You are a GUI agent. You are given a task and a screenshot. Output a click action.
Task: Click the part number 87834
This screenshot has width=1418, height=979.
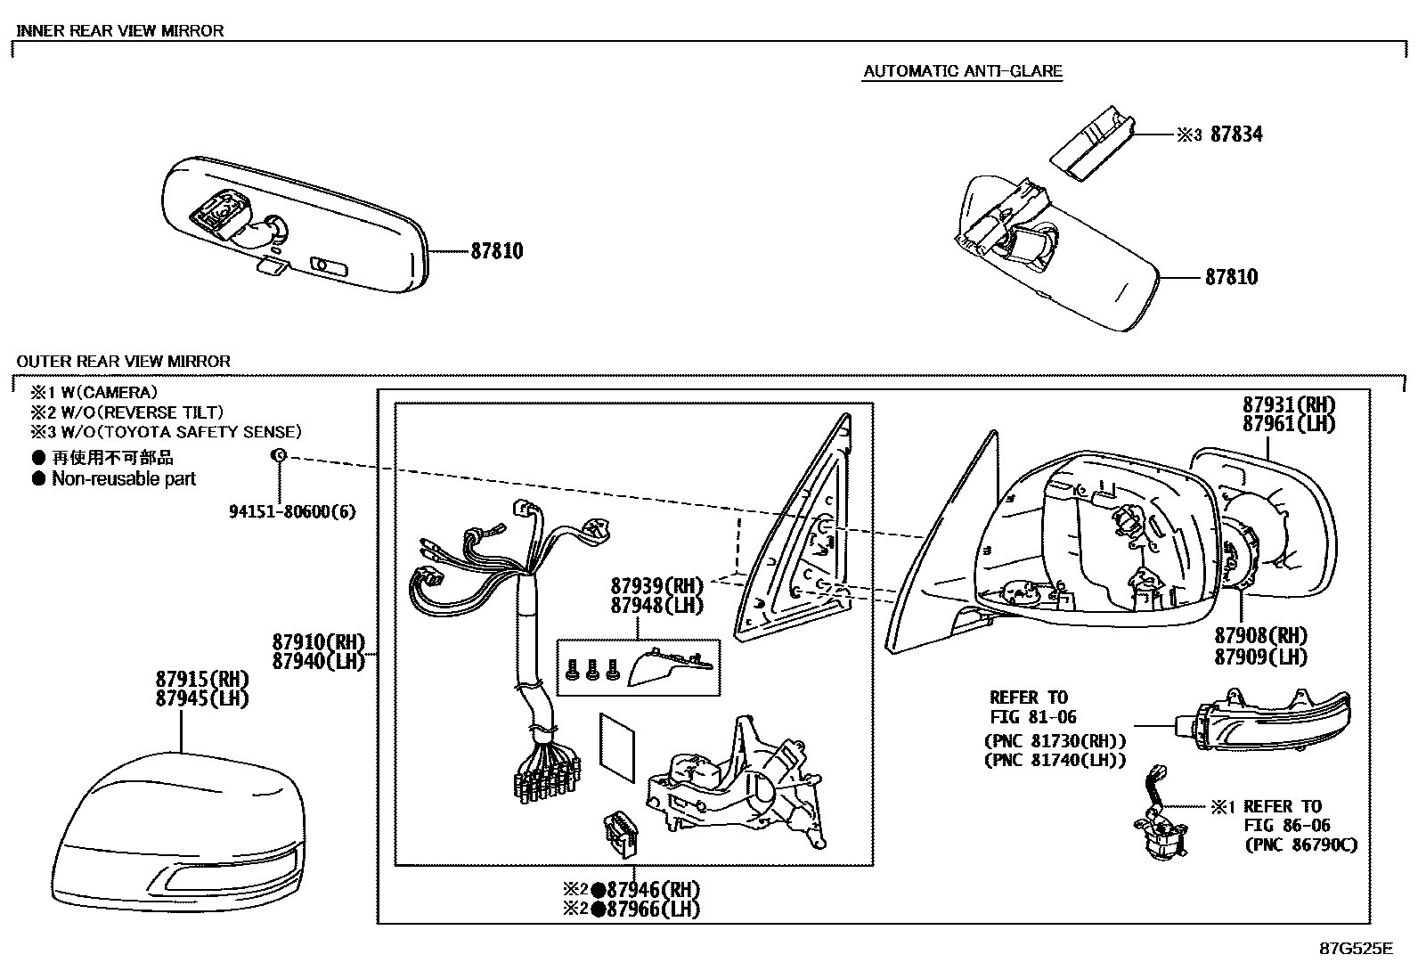tap(1235, 135)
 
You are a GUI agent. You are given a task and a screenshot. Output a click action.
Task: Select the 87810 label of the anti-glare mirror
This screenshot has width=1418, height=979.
tap(1231, 277)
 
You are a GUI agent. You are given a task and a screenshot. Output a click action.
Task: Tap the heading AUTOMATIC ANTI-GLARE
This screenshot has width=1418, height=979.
tap(962, 71)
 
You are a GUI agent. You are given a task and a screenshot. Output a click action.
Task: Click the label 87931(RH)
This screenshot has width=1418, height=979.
tap(1289, 404)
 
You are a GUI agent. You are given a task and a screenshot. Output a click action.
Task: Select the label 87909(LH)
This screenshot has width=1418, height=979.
tap(1260, 657)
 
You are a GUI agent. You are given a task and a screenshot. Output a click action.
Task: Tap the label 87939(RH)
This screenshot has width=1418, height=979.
tap(656, 585)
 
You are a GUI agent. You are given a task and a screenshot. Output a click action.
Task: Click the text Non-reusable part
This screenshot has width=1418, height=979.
tap(123, 479)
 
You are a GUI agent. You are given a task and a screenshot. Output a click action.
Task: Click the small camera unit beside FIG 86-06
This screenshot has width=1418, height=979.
tap(1161, 834)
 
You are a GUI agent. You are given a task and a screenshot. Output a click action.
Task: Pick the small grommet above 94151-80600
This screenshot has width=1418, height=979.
tap(278, 456)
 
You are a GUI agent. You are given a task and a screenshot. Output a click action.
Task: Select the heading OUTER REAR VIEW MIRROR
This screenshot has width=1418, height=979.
tap(123, 362)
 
